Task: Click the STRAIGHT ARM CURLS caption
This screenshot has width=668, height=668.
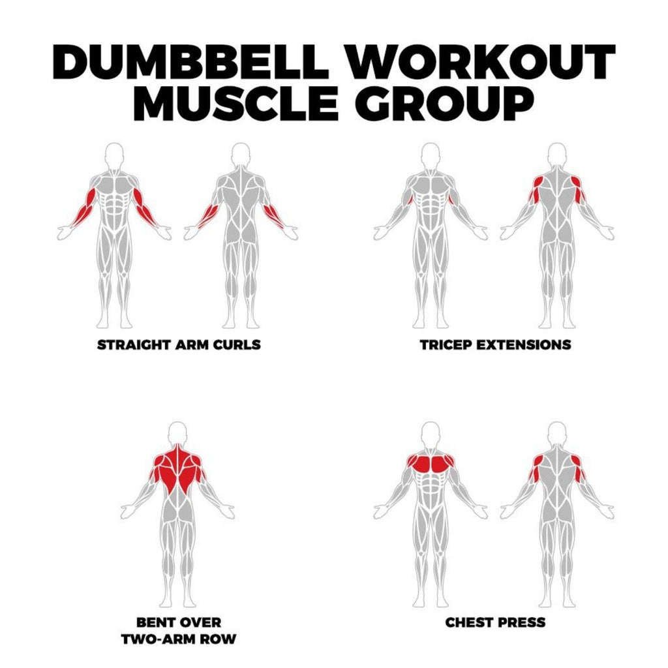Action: point(178,344)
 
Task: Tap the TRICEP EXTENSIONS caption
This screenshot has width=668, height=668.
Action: point(495,344)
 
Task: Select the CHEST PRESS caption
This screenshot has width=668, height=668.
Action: point(495,622)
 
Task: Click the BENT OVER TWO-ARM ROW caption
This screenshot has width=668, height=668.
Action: point(178,630)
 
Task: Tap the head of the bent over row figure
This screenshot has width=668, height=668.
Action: point(177,433)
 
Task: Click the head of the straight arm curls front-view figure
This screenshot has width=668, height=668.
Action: point(115,155)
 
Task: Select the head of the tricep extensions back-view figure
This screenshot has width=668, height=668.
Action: point(557,155)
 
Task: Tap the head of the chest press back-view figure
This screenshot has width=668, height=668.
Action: point(557,433)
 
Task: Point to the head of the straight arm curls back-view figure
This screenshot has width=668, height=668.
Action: point(241,155)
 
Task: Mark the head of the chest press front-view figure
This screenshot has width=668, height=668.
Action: point(430,433)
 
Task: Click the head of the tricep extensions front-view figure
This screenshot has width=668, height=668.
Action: point(430,155)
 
